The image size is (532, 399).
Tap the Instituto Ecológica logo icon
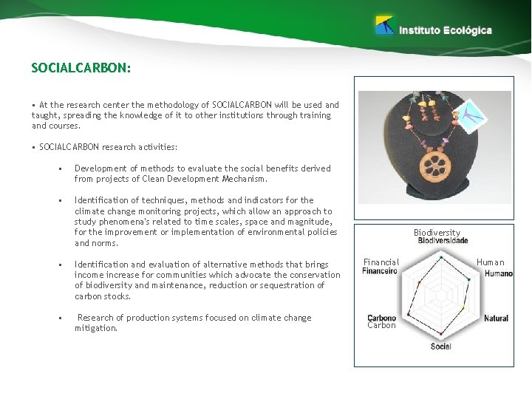[x=384, y=26]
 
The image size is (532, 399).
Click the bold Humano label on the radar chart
[x=499, y=273]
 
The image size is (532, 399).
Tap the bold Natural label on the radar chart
[x=496, y=318]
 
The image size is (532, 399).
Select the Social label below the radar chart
[x=440, y=347]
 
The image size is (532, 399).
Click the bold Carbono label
[x=382, y=318]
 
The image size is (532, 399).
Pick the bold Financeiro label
[x=380, y=270]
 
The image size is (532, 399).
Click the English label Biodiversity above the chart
[x=437, y=232]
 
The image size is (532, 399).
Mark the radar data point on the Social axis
[x=441, y=335]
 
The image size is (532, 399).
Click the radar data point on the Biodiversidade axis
[x=441, y=256]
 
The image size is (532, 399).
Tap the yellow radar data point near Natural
[x=463, y=308]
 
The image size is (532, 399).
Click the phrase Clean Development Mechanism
[x=212, y=179]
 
